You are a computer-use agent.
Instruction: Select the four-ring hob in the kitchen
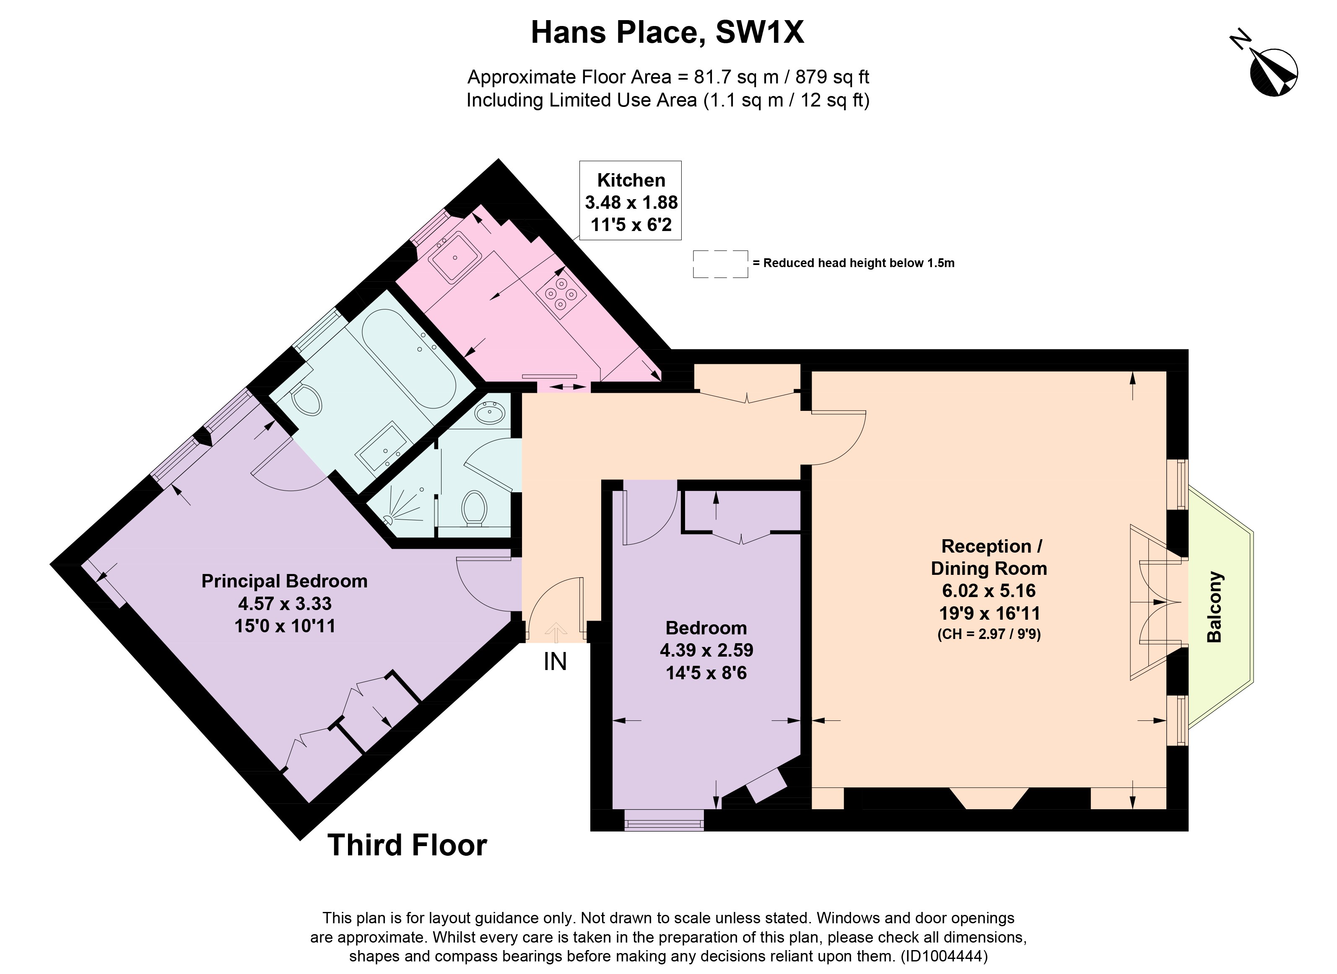pos(561,293)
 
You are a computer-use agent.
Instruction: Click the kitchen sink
pos(454,257)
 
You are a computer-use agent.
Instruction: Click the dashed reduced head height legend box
pos(720,264)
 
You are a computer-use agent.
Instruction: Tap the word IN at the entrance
pos(555,662)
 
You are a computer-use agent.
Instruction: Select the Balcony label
pos(1215,607)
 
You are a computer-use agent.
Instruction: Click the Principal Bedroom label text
pos(284,581)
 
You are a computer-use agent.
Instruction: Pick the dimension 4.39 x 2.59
pos(706,650)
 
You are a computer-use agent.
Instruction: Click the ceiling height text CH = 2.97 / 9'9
pos(989,634)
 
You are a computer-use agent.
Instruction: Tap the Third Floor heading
pos(407,845)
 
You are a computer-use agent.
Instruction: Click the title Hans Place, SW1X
pos(667,32)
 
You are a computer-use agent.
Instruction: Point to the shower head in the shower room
pos(389,520)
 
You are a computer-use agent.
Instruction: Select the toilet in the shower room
pos(473,508)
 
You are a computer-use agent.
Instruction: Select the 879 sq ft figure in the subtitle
pos(832,77)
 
